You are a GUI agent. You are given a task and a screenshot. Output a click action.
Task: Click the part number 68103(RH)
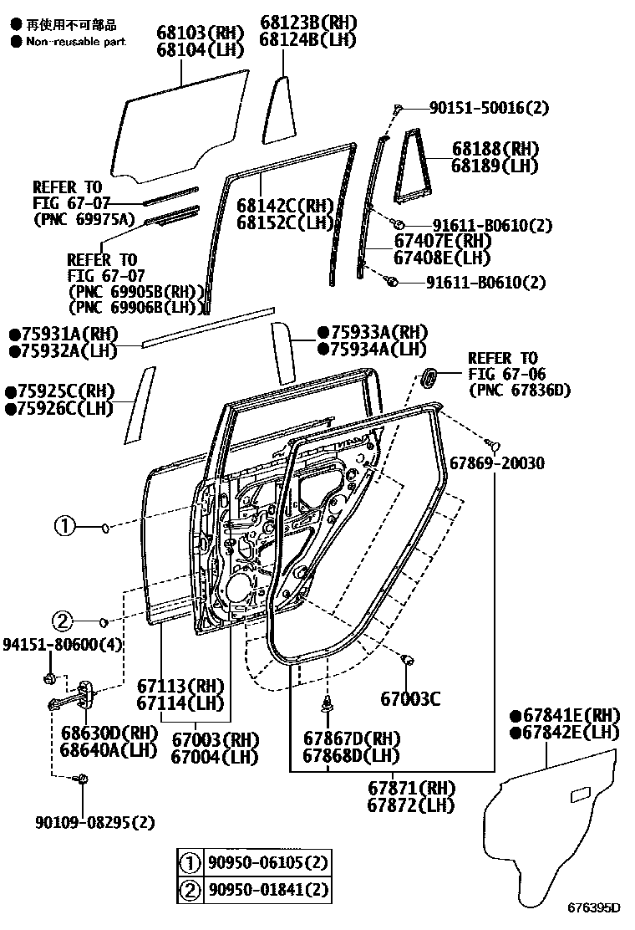pos(200,33)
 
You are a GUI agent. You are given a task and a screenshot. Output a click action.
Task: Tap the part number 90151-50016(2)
pos(490,108)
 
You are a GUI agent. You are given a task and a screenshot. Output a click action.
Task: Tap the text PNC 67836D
pos(519,390)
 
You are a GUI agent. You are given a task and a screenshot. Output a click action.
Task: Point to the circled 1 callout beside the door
pos(65,527)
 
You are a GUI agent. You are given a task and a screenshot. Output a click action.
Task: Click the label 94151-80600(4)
pos(63,645)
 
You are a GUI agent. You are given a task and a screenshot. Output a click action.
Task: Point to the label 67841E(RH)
pos(565,715)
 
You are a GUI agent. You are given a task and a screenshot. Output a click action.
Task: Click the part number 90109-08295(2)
pos(94,823)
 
